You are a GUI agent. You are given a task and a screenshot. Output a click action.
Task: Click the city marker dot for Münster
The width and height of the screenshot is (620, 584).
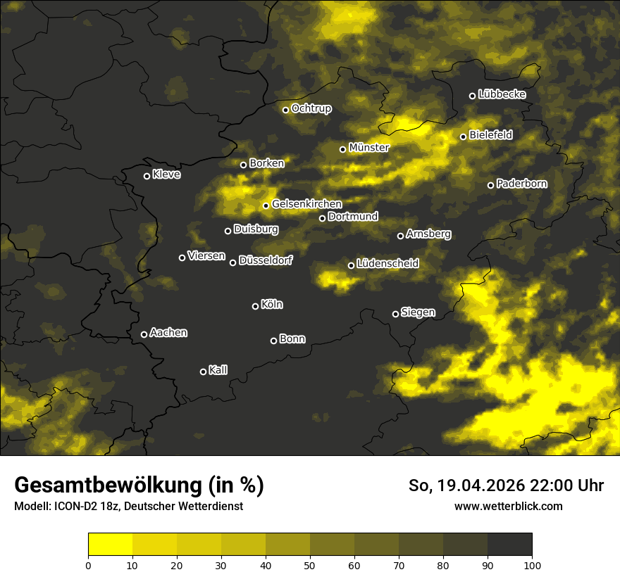[343, 149]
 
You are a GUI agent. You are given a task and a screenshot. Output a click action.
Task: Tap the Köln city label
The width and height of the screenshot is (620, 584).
[272, 305]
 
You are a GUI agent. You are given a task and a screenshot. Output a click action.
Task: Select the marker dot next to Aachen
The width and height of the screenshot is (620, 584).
[144, 334]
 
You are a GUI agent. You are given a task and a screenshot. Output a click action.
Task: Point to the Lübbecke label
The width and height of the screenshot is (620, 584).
[502, 94]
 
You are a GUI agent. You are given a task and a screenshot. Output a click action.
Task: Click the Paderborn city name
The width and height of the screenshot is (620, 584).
[521, 184]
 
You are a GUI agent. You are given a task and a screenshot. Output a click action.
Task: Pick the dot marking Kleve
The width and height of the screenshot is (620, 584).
[147, 176]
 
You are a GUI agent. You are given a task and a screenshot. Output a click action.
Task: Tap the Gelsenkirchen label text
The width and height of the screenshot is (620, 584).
[306, 204]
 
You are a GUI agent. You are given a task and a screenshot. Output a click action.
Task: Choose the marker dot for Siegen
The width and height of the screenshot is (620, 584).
[395, 314]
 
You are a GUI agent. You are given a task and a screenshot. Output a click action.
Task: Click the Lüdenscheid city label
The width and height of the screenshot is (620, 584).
[387, 264]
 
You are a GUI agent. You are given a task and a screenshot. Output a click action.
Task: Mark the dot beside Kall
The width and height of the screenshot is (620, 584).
[203, 372]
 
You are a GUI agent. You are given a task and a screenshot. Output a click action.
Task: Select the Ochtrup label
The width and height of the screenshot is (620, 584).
[311, 108]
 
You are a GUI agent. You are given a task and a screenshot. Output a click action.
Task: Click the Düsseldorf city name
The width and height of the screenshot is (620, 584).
[266, 260]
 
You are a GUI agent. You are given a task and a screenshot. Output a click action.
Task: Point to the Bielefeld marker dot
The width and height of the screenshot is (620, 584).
[463, 137]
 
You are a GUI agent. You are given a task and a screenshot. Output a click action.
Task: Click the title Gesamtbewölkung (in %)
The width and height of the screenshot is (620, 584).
[139, 485]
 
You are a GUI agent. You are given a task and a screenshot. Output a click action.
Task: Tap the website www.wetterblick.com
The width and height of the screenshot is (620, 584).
[508, 506]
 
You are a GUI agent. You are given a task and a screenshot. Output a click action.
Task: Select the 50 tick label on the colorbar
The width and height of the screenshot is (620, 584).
[310, 564]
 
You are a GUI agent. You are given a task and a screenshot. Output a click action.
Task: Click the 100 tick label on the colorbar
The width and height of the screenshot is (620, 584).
[532, 564]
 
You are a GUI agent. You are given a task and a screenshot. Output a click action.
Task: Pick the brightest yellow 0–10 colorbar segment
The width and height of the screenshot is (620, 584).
[111, 545]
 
